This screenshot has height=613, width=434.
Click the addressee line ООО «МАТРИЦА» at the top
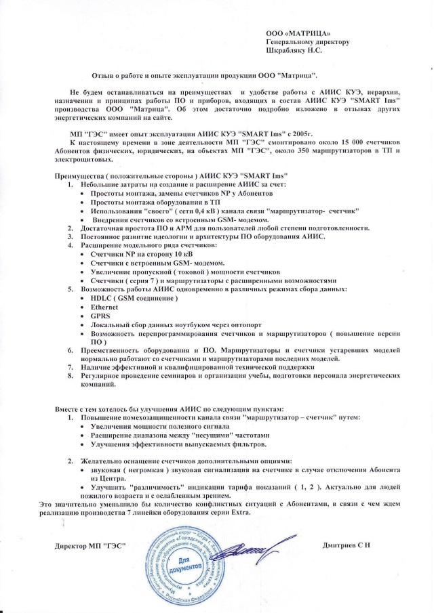click(298, 33)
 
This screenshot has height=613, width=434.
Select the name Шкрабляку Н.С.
click(294, 49)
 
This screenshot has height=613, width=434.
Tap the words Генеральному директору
click(307, 41)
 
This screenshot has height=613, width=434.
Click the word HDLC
click(101, 299)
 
